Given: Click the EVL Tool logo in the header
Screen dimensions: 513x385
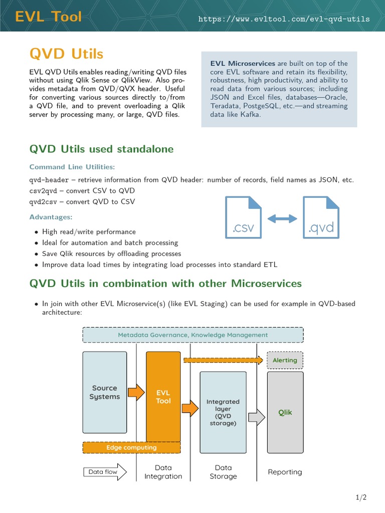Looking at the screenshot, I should [x=48, y=17].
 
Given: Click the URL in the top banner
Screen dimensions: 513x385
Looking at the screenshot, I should [x=284, y=20].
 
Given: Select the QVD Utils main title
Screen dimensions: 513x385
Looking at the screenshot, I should [x=66, y=53].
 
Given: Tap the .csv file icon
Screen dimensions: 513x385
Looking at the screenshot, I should [x=244, y=216].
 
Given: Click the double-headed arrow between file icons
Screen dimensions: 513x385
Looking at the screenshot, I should [x=282, y=218].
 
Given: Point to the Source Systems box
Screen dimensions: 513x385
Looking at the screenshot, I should [x=104, y=392].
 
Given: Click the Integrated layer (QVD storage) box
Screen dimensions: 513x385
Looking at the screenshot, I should [x=223, y=412].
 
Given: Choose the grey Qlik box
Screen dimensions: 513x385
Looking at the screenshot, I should [x=285, y=412].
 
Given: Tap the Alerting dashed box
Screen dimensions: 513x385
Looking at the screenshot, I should [x=285, y=360].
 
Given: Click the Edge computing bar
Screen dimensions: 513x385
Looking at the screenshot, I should [x=131, y=447].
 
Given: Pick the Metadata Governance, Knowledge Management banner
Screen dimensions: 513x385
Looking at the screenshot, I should [x=192, y=335].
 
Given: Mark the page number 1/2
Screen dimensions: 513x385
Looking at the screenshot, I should [x=361, y=497].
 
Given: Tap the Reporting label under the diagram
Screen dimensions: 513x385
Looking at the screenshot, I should [x=285, y=472].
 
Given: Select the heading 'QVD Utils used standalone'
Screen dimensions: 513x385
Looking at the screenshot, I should [x=101, y=149].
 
